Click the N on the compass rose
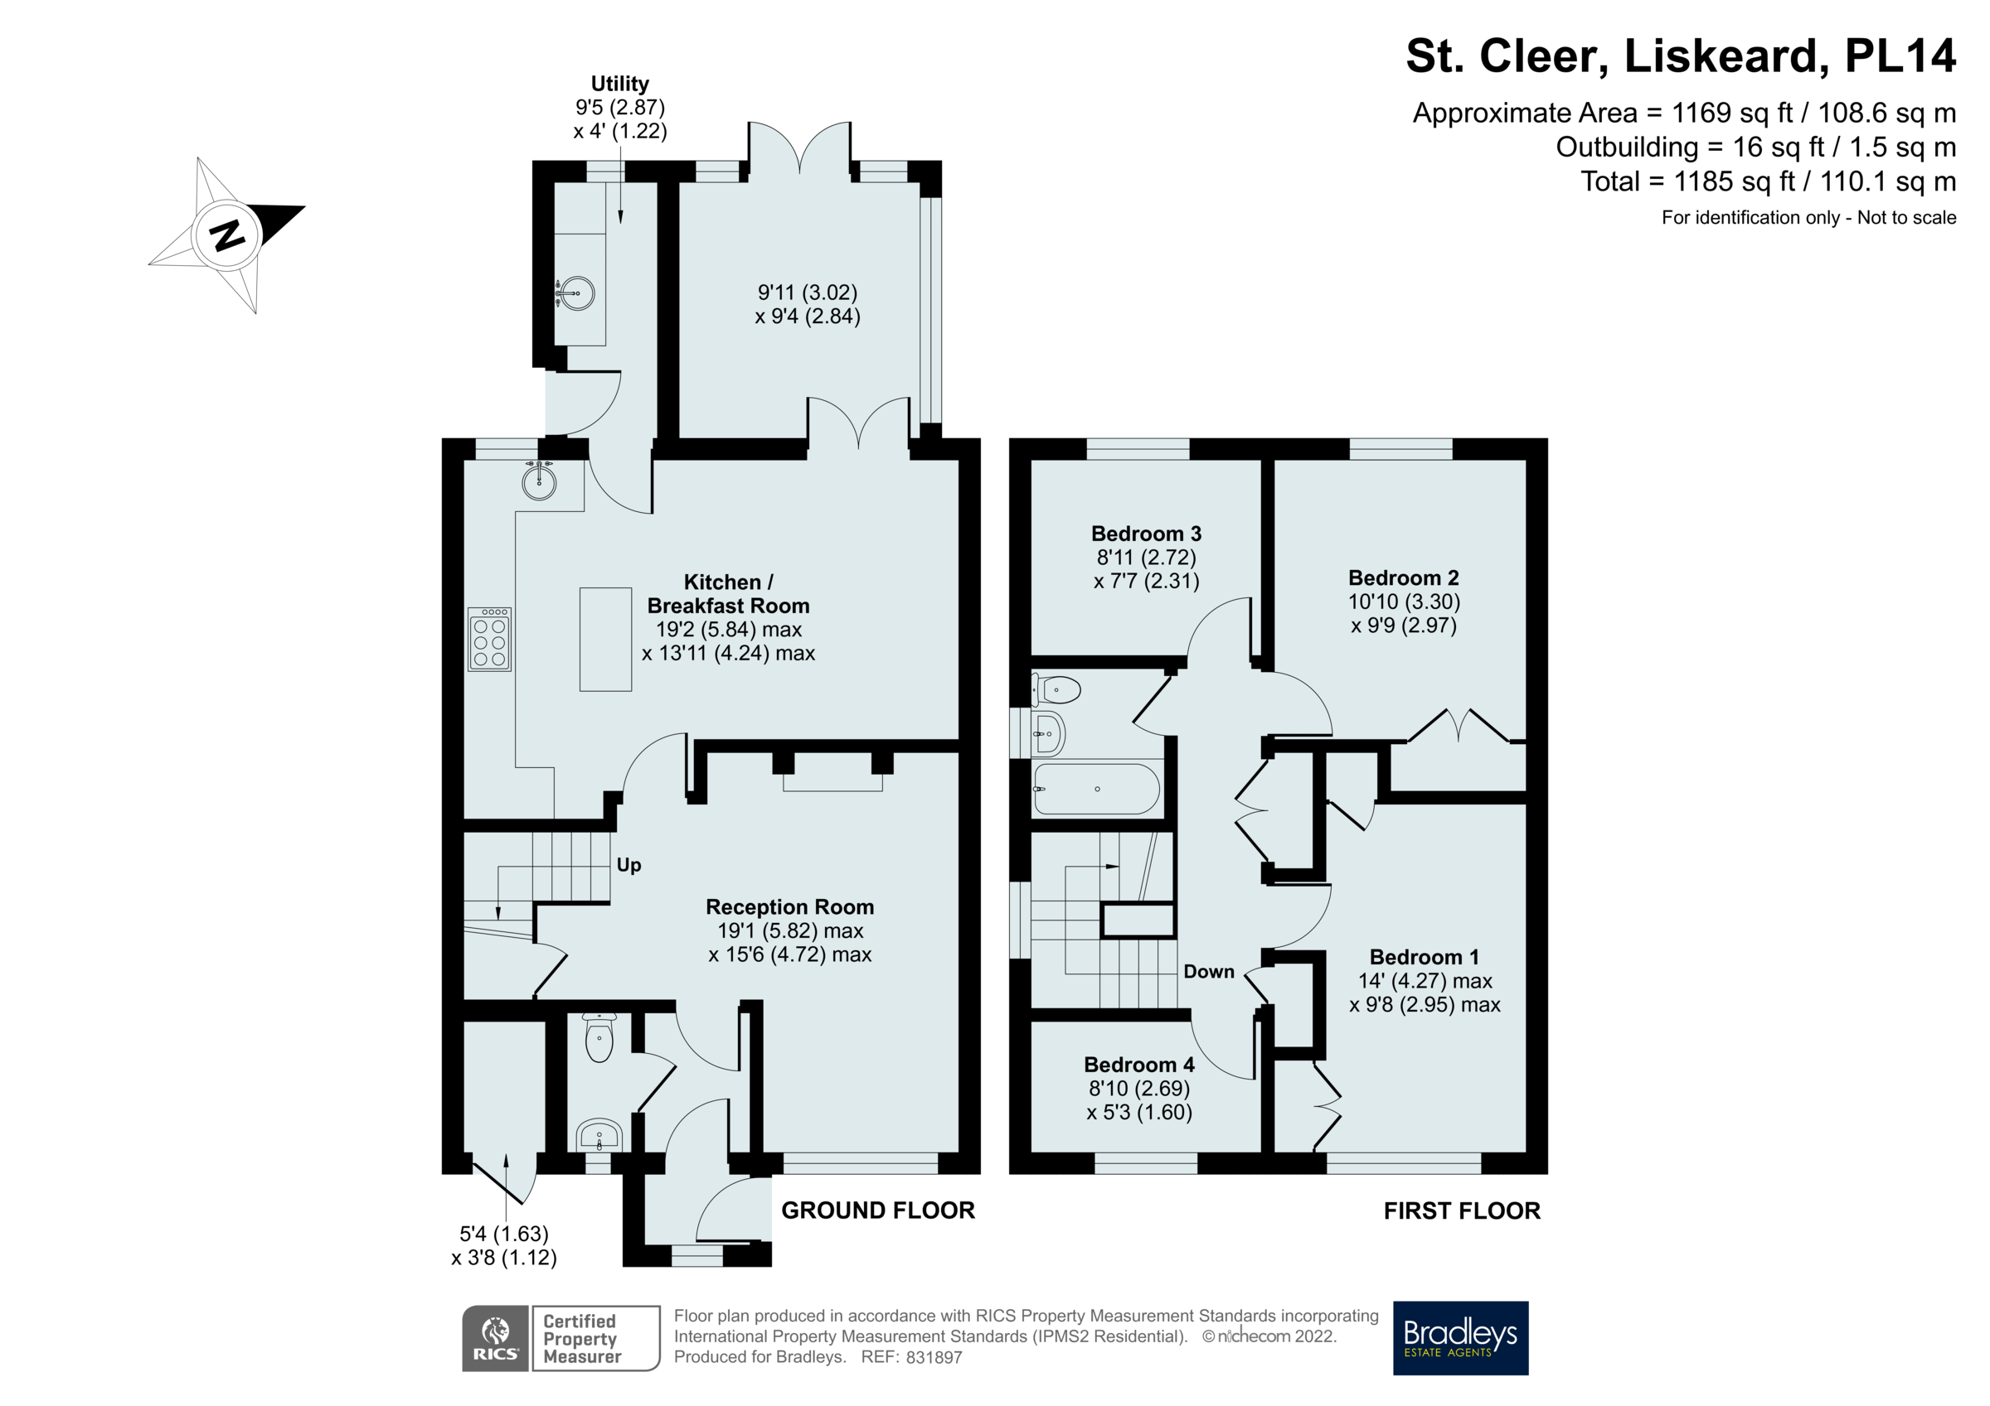click(227, 234)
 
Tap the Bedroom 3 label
click(1146, 534)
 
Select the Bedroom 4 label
click(1139, 1065)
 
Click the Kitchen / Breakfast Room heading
click(728, 594)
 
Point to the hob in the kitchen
click(490, 640)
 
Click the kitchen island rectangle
click(605, 640)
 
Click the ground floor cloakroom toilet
click(599, 1039)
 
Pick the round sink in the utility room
click(575, 292)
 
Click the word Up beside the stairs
click(629, 866)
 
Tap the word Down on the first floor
click(1208, 972)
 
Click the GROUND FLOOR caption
click(877, 1210)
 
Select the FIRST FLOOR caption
click(1461, 1211)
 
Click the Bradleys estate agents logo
click(1459, 1337)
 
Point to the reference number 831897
click(934, 1357)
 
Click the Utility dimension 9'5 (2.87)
click(619, 108)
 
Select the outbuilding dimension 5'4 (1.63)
click(503, 1234)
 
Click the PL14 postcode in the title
click(1899, 56)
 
